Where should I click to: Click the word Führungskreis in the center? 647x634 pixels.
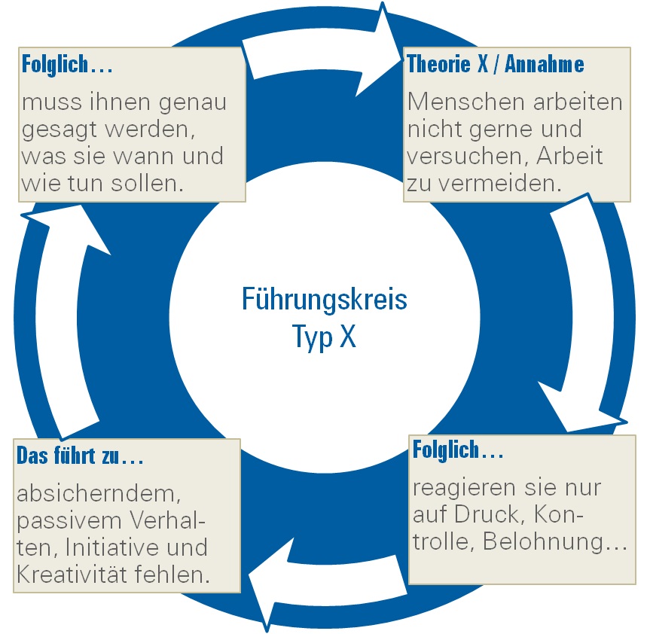tap(325, 300)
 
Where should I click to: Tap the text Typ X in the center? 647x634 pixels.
tap(324, 336)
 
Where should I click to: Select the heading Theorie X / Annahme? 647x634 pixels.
tap(496, 64)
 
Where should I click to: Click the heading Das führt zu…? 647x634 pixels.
tap(80, 456)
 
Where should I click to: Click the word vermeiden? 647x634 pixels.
tap(500, 183)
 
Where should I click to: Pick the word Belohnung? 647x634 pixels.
tap(543, 541)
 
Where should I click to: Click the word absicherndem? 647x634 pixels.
tap(99, 494)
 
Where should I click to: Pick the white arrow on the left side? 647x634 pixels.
tap(66, 321)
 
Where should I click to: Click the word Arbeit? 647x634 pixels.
tap(569, 157)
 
